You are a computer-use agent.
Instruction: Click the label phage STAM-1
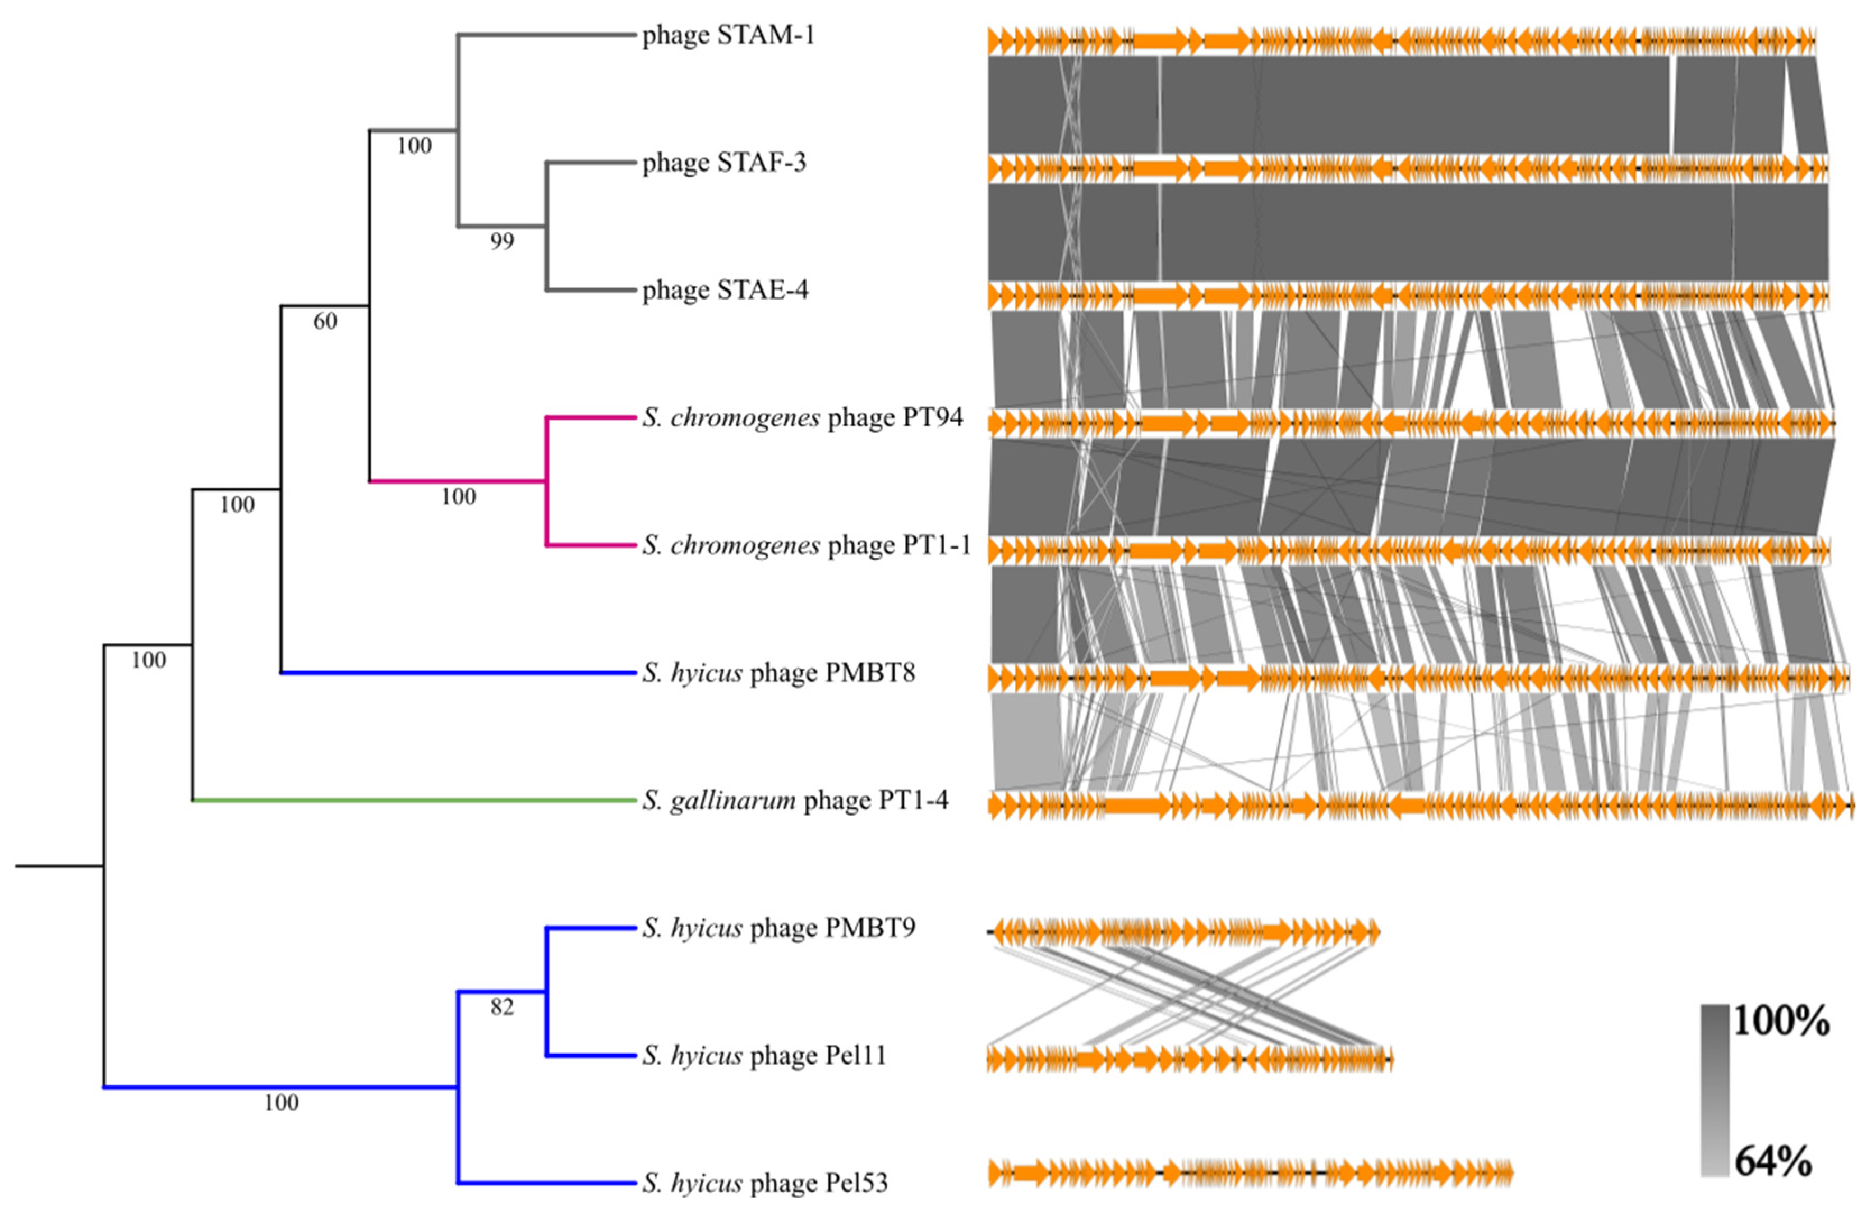coord(728,35)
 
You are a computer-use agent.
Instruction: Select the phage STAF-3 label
coord(724,163)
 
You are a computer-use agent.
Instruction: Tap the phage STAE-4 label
coord(725,290)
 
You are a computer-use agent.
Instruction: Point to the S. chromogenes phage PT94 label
coord(803,417)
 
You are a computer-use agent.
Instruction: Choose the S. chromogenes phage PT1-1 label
coord(807,545)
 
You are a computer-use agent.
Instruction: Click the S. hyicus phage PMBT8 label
coord(779,673)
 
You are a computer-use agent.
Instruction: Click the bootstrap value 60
coord(325,321)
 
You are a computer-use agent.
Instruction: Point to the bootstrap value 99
coord(501,241)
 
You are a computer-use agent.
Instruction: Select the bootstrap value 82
coord(501,1006)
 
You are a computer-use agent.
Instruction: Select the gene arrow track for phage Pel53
coord(1250,1174)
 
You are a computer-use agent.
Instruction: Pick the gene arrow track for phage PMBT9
coord(1183,933)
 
